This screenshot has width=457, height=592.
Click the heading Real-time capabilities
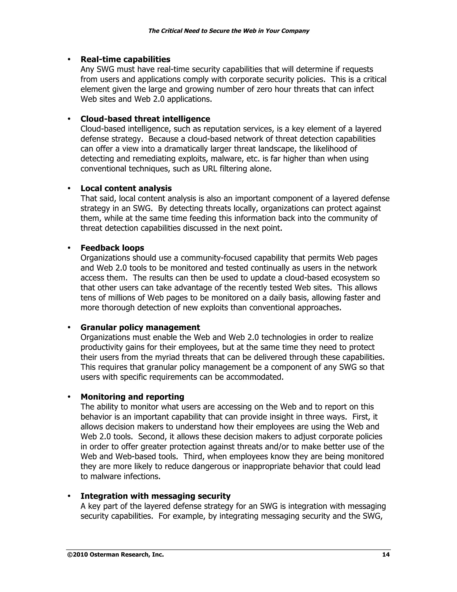[x=125, y=59]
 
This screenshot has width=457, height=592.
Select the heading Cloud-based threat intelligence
[x=145, y=119]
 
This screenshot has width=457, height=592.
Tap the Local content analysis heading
[x=126, y=188]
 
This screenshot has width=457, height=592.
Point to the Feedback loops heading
[x=112, y=248]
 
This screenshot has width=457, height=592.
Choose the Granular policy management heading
[x=140, y=327]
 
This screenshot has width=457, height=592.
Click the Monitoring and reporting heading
[x=132, y=397]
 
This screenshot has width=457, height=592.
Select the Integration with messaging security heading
[x=155, y=496]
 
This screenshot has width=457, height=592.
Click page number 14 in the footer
[x=386, y=555]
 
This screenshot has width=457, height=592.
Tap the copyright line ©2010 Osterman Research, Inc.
[x=116, y=555]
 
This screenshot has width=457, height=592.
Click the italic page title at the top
[x=228, y=31]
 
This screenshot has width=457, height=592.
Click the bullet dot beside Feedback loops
[x=69, y=248]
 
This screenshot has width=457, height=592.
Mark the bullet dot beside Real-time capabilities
[x=69, y=59]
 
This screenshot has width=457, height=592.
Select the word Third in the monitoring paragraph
[x=194, y=456]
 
